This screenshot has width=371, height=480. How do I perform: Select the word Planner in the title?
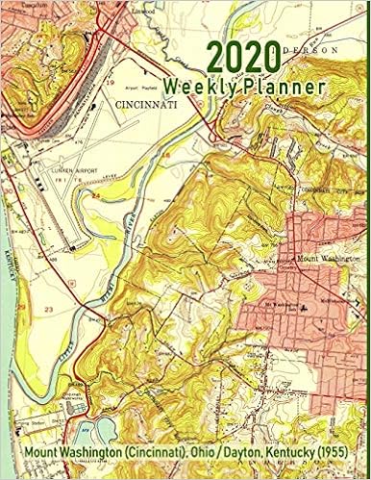coord(285,86)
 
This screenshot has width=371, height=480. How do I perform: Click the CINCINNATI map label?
coord(152,102)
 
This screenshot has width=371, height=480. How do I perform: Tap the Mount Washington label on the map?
coord(320,259)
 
